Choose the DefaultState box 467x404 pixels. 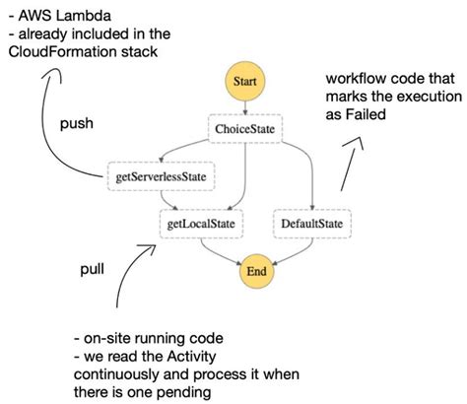(311, 225)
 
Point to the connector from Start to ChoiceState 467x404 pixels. (243, 106)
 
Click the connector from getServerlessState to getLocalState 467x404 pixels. (169, 200)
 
